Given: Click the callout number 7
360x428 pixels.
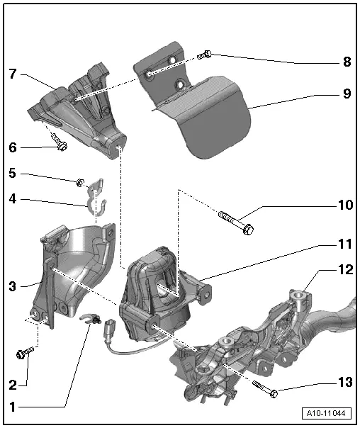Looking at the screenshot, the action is (x=13, y=74).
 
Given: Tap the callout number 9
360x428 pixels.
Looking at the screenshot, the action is (x=347, y=94).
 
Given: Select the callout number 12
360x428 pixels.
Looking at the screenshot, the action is (x=346, y=270).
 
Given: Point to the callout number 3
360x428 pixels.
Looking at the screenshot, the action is (x=13, y=286).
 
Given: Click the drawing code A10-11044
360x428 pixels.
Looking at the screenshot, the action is (x=327, y=413).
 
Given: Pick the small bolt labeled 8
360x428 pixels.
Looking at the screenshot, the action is (x=204, y=55).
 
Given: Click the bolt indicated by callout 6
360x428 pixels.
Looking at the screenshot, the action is (x=60, y=142).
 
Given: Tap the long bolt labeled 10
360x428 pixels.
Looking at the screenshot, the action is (x=236, y=223).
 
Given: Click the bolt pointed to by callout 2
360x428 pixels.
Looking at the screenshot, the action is (x=25, y=352).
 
